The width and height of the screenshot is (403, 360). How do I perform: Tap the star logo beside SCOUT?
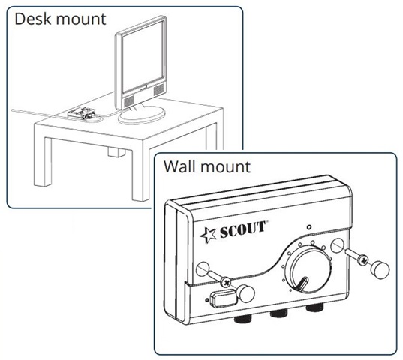click(x=208, y=235)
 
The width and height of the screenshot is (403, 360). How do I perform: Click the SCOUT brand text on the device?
click(x=242, y=229)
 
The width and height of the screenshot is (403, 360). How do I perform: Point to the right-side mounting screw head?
click(x=363, y=261)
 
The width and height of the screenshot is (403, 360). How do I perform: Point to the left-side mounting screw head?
click(x=226, y=283)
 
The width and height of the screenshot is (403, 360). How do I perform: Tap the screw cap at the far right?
click(x=380, y=269)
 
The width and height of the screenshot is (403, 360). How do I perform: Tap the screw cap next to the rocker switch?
click(x=245, y=293)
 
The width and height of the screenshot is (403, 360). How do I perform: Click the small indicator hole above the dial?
click(x=309, y=227)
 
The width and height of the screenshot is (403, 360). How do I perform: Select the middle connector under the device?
click(x=279, y=314)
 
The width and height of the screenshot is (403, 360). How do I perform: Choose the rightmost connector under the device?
click(x=314, y=308)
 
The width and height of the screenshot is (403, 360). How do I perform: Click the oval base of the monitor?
click(x=141, y=115)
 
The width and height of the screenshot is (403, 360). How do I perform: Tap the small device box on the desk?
click(x=82, y=113)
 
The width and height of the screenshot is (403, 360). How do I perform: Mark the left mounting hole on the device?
click(x=203, y=269)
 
